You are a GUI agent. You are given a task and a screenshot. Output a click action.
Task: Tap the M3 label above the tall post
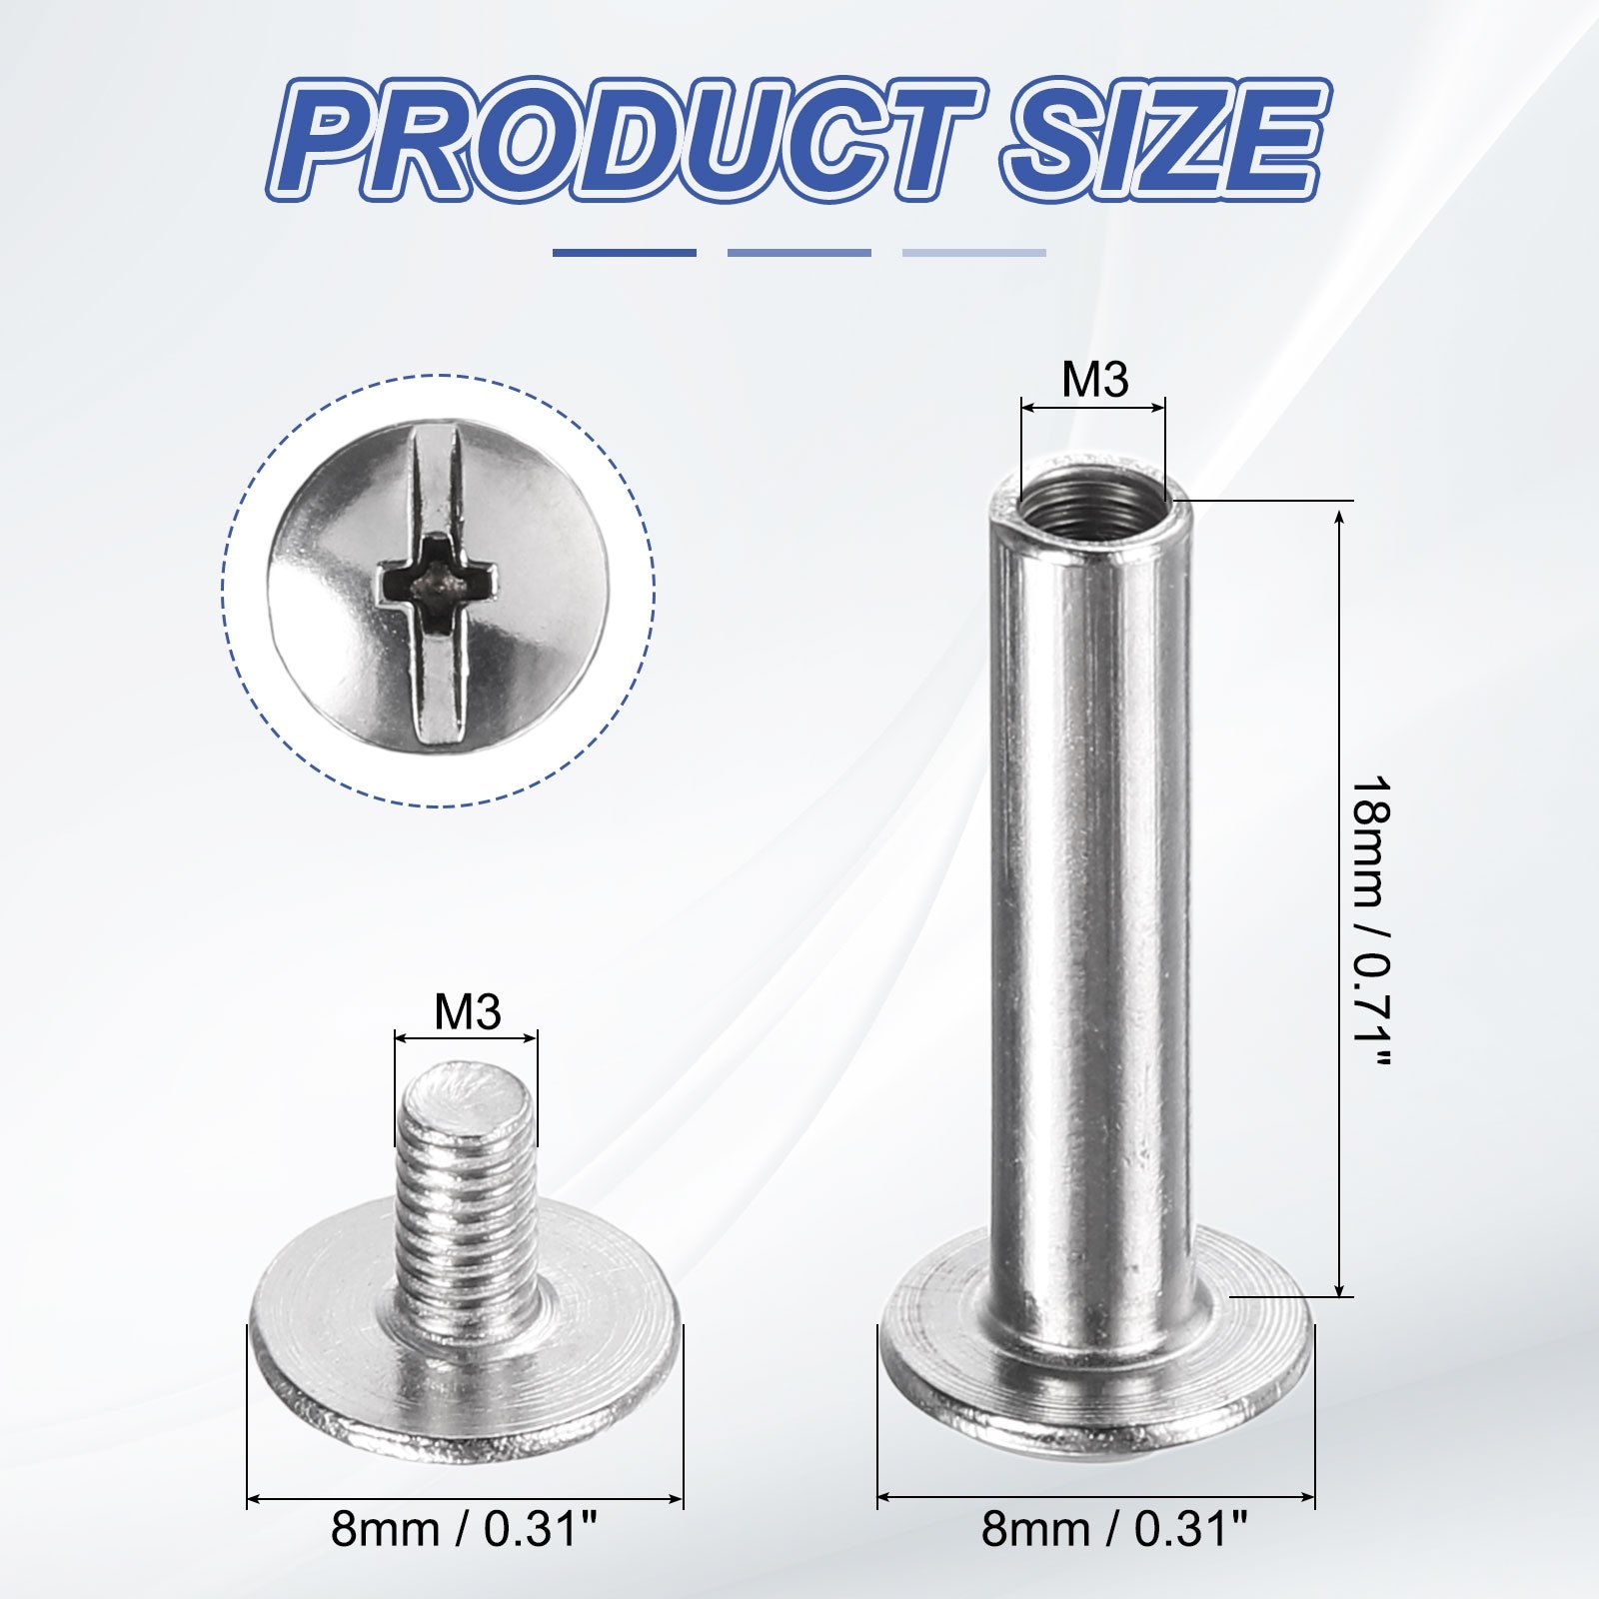click(x=1094, y=380)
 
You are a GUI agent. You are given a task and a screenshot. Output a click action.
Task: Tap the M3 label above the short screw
click(x=467, y=1012)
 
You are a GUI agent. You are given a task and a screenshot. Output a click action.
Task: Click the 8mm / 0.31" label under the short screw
click(x=465, y=1557)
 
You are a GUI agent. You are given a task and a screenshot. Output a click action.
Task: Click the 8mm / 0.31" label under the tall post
click(x=1114, y=1557)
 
